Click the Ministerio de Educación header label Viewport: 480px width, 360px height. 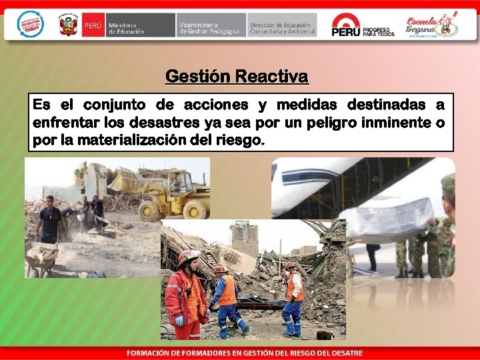point(126,27)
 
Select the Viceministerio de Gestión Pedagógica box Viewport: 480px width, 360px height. point(209,27)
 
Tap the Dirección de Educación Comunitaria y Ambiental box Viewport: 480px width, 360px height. point(281,27)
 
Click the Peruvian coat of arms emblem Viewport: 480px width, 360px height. point(68,26)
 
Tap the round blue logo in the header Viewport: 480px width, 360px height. point(30,24)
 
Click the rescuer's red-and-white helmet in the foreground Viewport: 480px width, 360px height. point(188,257)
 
